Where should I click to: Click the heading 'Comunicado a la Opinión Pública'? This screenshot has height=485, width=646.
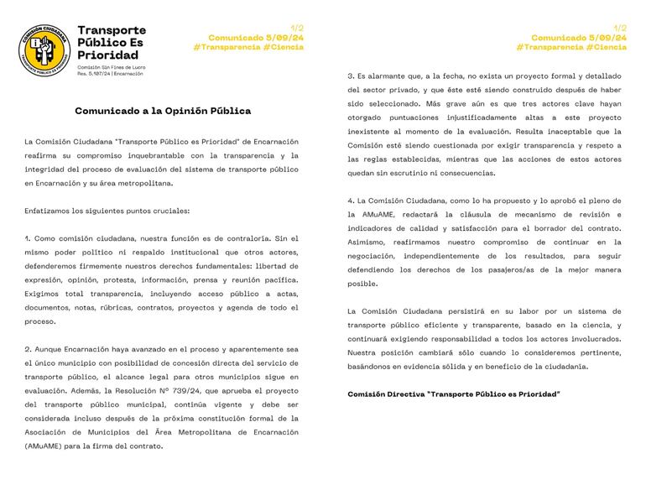point(163,110)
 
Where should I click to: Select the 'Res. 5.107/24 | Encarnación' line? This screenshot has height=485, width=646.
point(110,74)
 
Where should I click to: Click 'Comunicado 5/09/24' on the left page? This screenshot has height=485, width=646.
point(255,38)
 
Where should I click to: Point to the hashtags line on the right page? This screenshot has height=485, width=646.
point(570,47)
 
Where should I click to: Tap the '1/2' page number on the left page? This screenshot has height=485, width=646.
point(297,29)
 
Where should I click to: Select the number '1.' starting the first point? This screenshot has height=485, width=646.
point(29,239)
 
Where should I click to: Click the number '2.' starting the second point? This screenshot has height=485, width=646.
point(29,348)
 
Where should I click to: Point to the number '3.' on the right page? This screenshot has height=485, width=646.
point(352,76)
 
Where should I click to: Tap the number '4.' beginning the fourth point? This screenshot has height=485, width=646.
point(352,201)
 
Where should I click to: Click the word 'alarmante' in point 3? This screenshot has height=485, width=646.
point(387,76)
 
